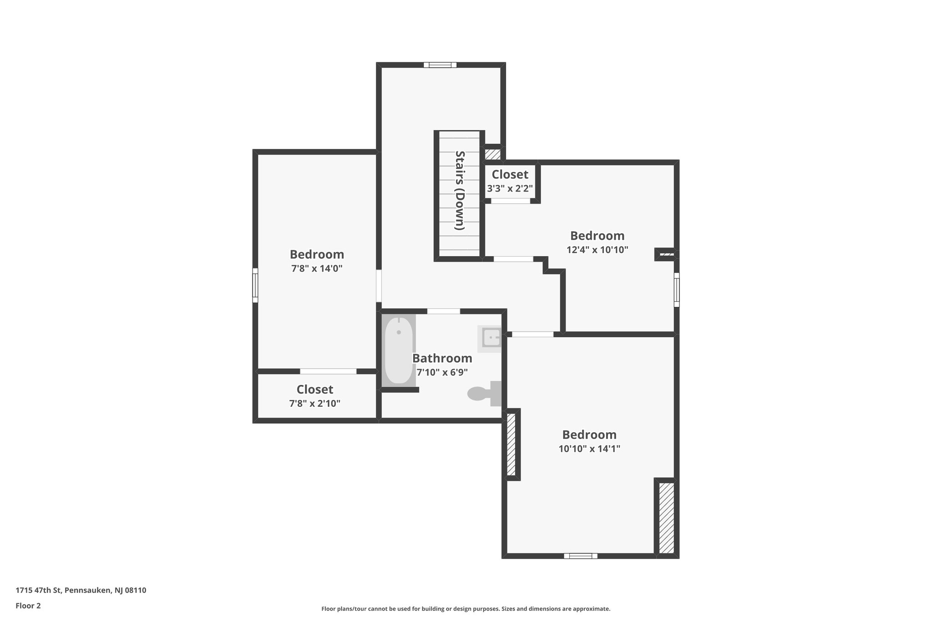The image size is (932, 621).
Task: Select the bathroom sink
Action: point(490,338)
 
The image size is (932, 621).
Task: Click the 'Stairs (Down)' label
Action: point(460,191)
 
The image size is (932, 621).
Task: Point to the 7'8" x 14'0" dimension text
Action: point(317,268)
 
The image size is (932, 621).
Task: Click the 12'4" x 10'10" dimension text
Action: point(597,250)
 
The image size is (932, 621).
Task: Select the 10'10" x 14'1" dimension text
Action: point(589,449)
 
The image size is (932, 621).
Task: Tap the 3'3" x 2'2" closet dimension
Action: point(510,188)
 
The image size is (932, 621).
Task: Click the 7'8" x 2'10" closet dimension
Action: point(314,403)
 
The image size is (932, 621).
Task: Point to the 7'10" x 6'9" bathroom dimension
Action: point(442,372)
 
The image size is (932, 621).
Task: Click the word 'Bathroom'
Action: point(442,358)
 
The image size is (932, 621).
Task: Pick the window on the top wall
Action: point(440,65)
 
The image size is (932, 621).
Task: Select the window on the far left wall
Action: point(255,285)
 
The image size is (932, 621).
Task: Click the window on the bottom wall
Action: point(580,555)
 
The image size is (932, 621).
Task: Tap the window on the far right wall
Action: point(677,290)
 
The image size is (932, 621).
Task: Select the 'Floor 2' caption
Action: point(28,606)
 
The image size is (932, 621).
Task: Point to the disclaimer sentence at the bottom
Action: point(466,609)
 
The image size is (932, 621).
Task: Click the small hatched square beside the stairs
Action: point(492,154)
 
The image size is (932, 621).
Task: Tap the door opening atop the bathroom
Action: point(443,311)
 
